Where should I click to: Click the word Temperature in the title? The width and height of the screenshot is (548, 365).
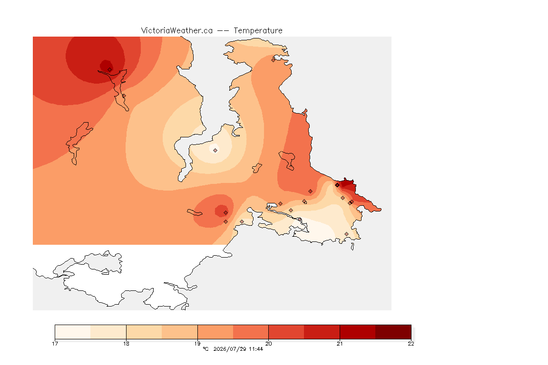click(x=258, y=31)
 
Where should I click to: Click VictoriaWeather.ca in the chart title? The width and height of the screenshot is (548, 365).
click(x=177, y=31)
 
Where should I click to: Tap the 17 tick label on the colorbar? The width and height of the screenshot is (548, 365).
click(x=55, y=344)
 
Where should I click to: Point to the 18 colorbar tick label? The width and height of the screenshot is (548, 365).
click(x=126, y=344)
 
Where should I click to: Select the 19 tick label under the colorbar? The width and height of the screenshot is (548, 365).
click(x=197, y=344)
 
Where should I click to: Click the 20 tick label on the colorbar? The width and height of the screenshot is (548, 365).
click(x=268, y=344)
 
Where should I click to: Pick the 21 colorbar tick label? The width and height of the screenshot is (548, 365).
click(x=340, y=344)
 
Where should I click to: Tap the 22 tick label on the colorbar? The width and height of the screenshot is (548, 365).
click(x=411, y=344)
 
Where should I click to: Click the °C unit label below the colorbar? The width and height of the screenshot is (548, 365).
click(x=206, y=349)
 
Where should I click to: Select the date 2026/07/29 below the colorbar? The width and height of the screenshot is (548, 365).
click(x=229, y=349)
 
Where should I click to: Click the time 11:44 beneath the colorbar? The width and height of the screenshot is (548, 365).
click(x=256, y=349)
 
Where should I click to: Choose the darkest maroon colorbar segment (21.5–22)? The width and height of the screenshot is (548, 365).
click(x=393, y=332)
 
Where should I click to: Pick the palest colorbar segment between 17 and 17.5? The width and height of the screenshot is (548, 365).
click(x=73, y=332)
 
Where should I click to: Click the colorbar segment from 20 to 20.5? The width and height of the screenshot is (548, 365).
click(x=286, y=332)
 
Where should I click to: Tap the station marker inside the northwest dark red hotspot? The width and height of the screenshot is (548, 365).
click(x=110, y=70)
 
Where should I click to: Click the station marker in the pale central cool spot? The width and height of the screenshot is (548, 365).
click(x=215, y=151)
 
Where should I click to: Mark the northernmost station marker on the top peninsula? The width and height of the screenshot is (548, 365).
click(x=274, y=60)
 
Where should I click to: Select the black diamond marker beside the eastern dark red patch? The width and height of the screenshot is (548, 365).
click(x=337, y=185)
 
